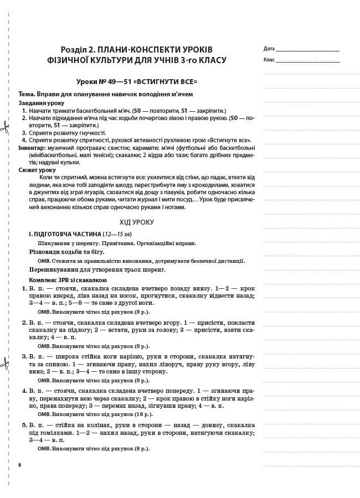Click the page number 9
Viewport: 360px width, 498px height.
click(19, 465)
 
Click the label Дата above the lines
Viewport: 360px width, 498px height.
click(269, 49)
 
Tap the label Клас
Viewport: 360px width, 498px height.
click(269, 60)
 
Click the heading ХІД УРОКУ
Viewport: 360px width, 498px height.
click(136, 222)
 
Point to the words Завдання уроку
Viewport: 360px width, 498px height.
click(41, 103)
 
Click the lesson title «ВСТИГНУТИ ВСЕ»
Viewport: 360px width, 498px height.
click(167, 82)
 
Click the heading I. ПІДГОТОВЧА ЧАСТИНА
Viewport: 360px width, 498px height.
click(65, 234)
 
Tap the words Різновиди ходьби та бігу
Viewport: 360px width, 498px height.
click(66, 252)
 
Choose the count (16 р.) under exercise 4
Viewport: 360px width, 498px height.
click(142, 414)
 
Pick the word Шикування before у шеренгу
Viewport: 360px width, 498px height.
click(54, 243)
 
